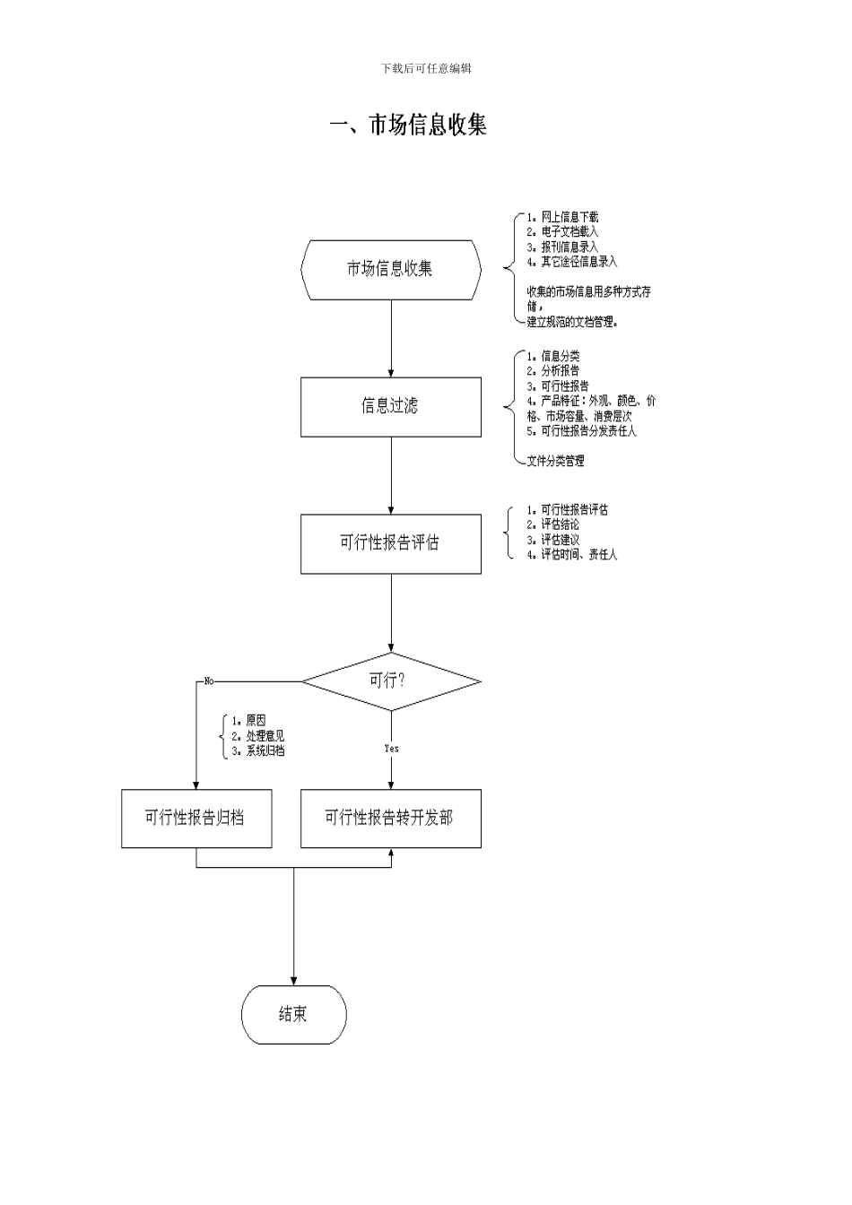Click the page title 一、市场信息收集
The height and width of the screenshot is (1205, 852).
point(408,125)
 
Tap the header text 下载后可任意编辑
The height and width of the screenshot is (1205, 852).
point(426,69)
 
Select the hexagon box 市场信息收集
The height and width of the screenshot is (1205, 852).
point(391,269)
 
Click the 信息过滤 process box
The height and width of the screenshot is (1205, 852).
point(391,406)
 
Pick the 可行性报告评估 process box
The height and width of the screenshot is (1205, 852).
point(391,542)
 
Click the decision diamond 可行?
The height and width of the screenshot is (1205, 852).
point(391,681)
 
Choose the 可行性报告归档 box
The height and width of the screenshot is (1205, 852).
point(196,818)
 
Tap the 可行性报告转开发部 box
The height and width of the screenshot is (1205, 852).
point(391,818)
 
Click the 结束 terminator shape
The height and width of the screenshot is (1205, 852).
point(293,1014)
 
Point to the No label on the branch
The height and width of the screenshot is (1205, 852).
point(209,681)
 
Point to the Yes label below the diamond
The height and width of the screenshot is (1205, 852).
point(391,748)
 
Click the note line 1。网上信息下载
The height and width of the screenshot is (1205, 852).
point(562,217)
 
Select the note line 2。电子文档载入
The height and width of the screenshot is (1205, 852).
point(562,231)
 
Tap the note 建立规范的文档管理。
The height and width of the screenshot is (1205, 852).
point(572,322)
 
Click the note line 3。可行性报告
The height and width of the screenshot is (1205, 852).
point(558,386)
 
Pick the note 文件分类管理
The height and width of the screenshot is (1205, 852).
point(555,461)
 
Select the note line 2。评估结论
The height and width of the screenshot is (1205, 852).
point(553,524)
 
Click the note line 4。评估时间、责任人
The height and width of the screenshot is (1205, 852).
point(572,555)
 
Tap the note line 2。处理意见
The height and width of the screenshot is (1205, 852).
point(258,736)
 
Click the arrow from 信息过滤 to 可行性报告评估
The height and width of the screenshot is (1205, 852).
point(391,475)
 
